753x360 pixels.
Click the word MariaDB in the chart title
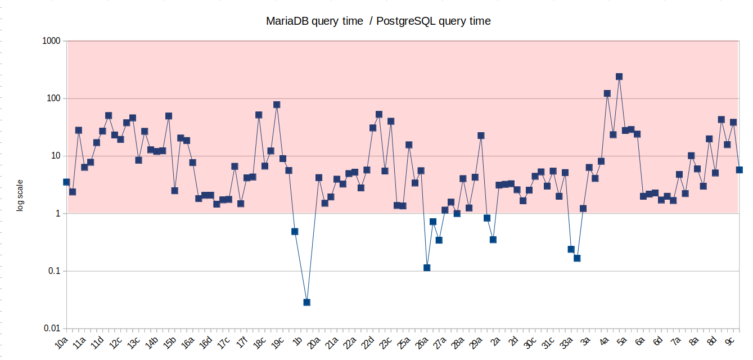286,21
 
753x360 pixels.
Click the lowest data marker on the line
306,302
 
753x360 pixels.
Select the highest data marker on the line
619,76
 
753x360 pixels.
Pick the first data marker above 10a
66,182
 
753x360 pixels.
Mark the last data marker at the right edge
740,169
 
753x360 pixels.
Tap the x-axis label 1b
299,340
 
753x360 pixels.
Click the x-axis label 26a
422,342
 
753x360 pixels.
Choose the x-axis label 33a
566,342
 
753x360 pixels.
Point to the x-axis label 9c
729,341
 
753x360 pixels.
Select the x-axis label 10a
61,342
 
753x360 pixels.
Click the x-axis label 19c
278,342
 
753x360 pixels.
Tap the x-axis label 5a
621,341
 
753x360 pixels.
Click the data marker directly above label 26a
427,268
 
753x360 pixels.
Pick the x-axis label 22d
368,342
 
